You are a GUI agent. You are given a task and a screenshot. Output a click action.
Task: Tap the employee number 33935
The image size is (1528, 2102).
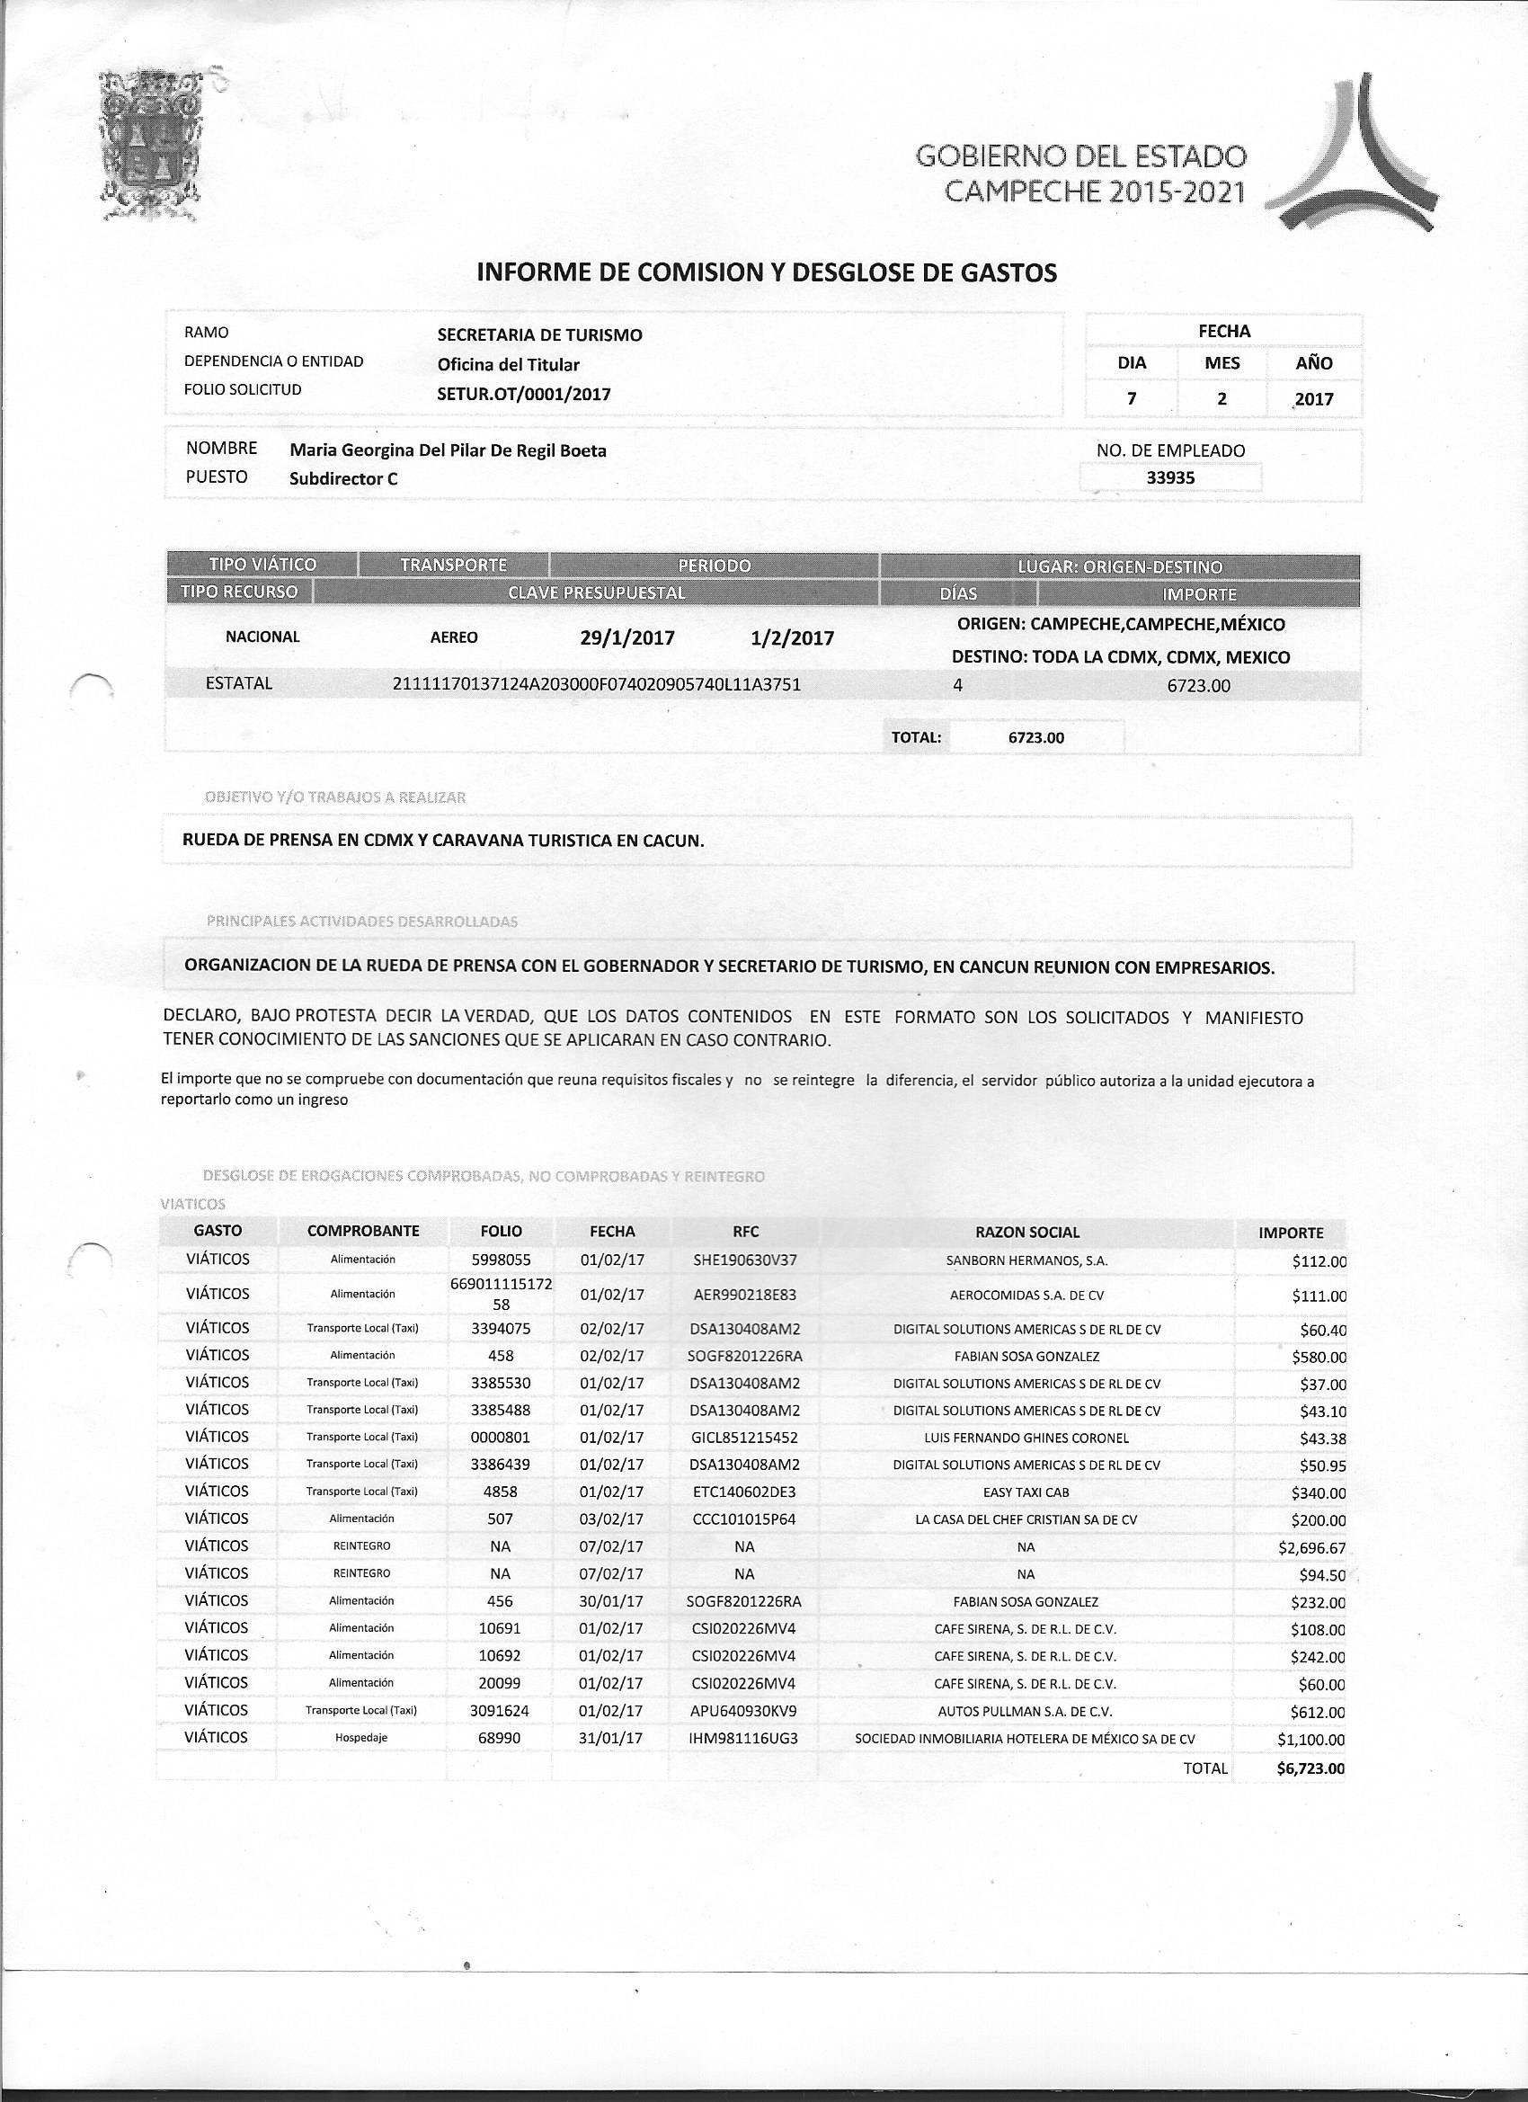click(1170, 478)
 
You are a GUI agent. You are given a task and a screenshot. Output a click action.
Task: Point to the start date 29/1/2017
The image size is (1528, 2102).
click(626, 638)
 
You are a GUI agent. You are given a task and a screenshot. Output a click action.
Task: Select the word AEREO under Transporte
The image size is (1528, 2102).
click(454, 637)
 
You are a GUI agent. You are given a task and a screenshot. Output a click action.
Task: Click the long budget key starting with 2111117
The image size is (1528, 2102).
click(597, 685)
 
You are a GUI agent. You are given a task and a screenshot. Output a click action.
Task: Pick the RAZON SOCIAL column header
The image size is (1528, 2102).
click(1026, 1232)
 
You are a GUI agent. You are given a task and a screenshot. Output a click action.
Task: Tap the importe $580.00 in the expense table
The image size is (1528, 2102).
click(1319, 1358)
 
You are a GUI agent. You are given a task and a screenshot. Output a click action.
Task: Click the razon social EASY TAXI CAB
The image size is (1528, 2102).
click(1026, 1493)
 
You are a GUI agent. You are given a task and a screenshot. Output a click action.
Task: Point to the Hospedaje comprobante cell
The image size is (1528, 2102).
click(361, 1739)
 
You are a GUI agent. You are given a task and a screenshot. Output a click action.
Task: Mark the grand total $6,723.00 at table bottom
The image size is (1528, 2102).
click(1310, 1768)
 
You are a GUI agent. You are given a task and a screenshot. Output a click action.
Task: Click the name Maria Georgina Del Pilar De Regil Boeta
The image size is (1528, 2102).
click(449, 451)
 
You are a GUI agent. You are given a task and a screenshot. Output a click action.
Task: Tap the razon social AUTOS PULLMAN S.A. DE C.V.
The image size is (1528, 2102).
click(1026, 1712)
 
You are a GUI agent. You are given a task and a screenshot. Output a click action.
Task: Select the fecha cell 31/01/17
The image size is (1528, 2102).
click(610, 1739)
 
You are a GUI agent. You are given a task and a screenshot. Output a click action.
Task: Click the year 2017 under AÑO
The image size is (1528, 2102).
click(1314, 399)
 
